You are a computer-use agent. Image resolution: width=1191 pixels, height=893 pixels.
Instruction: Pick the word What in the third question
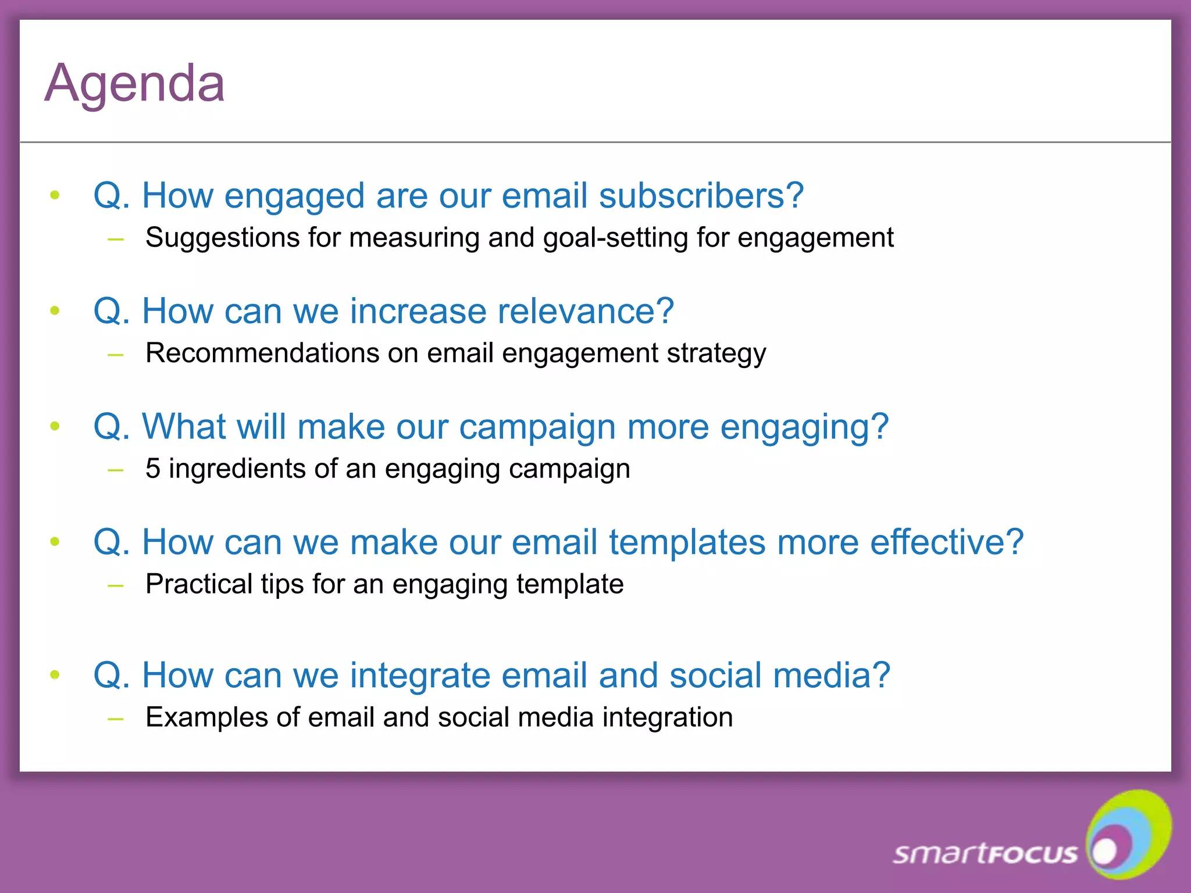tap(183, 426)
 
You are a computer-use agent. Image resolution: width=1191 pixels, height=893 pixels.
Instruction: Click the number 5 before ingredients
tap(152, 469)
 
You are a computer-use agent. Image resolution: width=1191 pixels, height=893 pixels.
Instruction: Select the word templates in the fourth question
tap(687, 542)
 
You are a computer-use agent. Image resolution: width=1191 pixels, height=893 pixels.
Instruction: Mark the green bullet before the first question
tap(55, 195)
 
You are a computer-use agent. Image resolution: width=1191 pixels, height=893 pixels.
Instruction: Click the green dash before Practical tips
tap(116, 585)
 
